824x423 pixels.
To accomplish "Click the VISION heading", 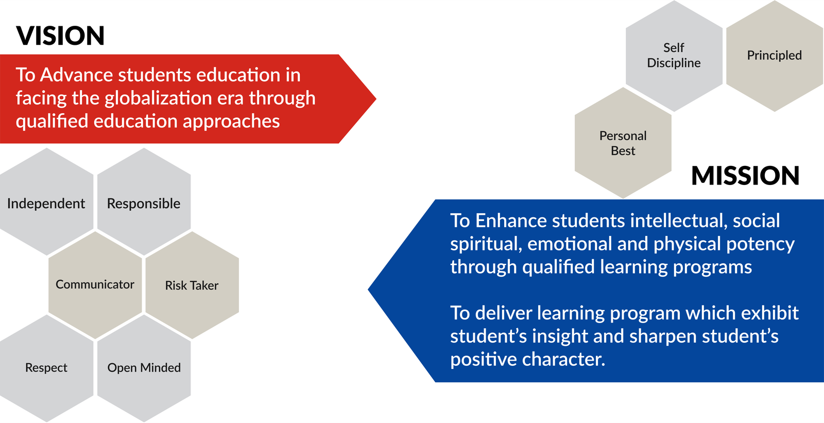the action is pyautogui.click(x=60, y=36).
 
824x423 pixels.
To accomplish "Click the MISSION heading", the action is pyautogui.click(x=745, y=175).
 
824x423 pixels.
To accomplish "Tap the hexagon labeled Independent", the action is pyautogui.click(x=46, y=202).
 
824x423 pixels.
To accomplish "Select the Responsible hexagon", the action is pyautogui.click(x=144, y=202).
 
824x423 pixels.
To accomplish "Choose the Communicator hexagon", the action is pyautogui.click(x=95, y=285).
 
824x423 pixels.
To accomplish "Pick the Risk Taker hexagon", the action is pyautogui.click(x=192, y=285).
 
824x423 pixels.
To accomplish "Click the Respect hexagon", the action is pyautogui.click(x=46, y=368).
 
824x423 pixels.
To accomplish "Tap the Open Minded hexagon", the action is pyautogui.click(x=144, y=368).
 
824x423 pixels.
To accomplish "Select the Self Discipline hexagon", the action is pyautogui.click(x=674, y=56).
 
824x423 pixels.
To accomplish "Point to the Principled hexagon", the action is pyautogui.click(x=775, y=56).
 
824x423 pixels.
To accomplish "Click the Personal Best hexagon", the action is pyautogui.click(x=623, y=143).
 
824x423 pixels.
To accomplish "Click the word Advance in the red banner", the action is pyautogui.click(x=77, y=75).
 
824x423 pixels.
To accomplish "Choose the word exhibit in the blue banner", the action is pyautogui.click(x=769, y=313).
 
